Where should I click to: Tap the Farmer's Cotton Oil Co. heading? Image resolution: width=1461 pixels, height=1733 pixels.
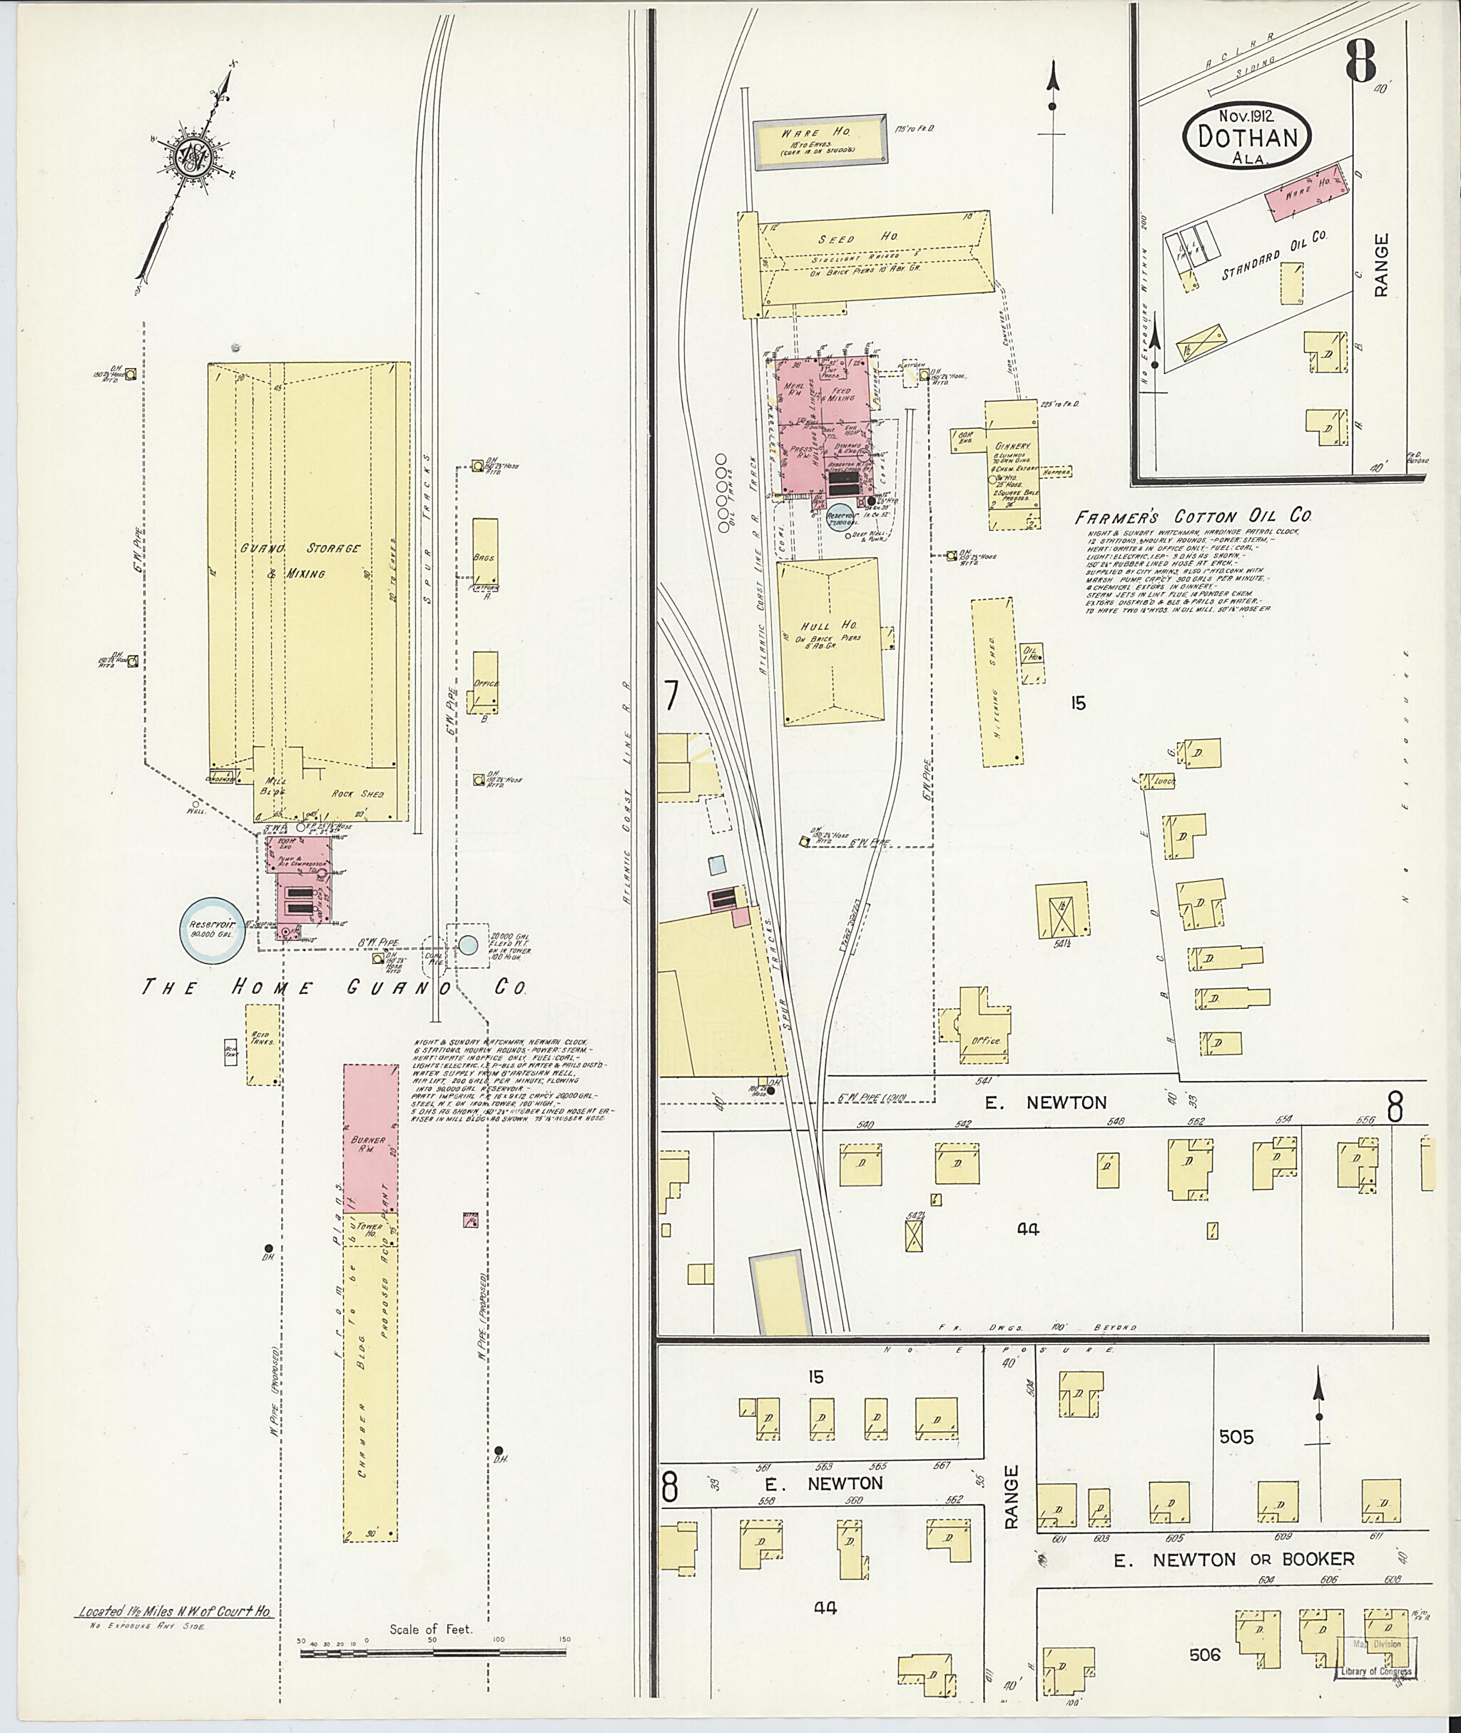point(1193,518)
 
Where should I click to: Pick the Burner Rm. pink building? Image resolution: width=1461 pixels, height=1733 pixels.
point(371,1139)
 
